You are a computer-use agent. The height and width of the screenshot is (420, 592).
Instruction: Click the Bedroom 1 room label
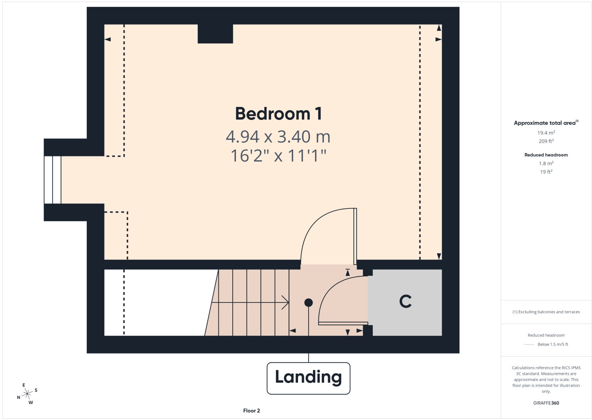[279, 114]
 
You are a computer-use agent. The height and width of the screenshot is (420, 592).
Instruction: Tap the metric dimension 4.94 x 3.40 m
[278, 137]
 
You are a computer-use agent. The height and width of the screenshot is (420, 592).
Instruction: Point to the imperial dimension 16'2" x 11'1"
[279, 156]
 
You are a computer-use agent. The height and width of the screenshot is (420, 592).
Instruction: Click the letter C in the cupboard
[405, 301]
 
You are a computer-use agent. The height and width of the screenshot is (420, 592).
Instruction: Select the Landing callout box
[308, 378]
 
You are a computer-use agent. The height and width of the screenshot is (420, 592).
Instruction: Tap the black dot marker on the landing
[308, 303]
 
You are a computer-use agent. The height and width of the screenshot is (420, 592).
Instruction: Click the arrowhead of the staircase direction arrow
[285, 302]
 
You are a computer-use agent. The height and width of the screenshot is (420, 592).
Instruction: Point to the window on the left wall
[53, 180]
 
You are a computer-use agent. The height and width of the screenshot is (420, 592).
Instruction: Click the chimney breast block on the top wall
[215, 34]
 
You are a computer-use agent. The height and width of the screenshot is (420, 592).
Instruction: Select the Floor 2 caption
[251, 410]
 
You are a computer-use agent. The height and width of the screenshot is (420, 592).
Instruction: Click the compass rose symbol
[27, 394]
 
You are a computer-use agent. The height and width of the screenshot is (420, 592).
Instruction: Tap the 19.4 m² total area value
[546, 133]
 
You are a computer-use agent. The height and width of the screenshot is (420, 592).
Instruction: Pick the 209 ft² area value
[546, 141]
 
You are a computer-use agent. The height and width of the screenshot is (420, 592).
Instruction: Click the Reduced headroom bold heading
[546, 155]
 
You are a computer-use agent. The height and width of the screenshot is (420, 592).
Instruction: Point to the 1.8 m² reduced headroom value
[546, 163]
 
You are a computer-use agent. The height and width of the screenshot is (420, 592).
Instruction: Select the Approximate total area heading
[546, 123]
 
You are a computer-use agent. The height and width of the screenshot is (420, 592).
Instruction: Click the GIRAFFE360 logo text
[546, 403]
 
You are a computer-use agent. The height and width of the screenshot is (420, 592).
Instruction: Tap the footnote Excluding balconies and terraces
[546, 312]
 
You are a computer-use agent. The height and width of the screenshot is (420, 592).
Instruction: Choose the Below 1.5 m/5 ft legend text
[553, 344]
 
